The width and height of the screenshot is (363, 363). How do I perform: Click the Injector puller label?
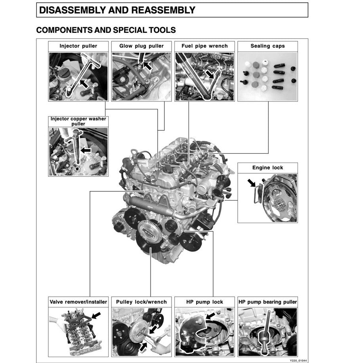(78, 46)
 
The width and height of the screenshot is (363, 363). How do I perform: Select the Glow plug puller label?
(141, 46)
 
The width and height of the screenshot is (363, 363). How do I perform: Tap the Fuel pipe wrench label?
(204, 46)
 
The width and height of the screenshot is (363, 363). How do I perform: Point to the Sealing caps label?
(267, 46)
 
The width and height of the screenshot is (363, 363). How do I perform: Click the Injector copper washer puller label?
(78, 121)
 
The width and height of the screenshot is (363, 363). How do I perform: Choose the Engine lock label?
(267, 168)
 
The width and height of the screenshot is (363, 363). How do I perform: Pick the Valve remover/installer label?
(78, 302)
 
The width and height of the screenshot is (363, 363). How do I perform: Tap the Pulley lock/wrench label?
(141, 302)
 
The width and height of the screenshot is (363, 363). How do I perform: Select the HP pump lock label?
(204, 302)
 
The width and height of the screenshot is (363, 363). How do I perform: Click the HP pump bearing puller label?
(267, 302)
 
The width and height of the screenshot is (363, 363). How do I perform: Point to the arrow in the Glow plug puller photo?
(147, 65)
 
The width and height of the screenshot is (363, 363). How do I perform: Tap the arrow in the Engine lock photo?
(252, 183)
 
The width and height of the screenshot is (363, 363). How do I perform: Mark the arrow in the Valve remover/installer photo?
(96, 315)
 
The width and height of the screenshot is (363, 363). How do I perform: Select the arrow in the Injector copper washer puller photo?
(85, 150)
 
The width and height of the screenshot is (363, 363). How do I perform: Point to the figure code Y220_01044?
(298, 361)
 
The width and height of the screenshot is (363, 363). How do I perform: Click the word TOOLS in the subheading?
(162, 30)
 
